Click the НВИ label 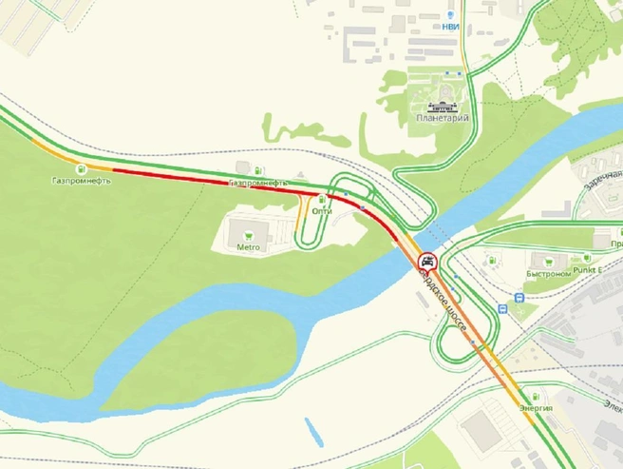point(450,27)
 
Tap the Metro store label point(248,246)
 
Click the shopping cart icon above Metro point(248,231)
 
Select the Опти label point(322,211)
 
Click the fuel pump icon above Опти point(322,199)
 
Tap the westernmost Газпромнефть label point(82,181)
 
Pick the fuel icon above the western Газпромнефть point(82,168)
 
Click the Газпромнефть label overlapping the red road point(256,182)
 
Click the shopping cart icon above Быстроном point(545,259)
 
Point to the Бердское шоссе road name point(443,303)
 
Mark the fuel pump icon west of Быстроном point(491,259)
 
